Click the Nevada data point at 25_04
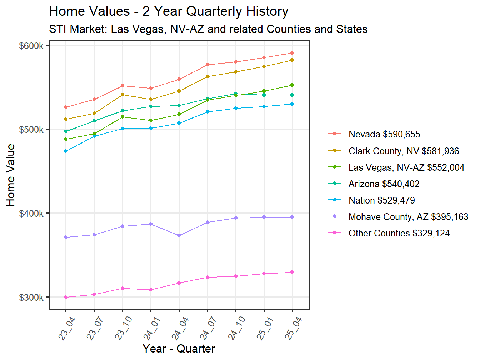[x=292, y=53]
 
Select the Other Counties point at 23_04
[x=66, y=297]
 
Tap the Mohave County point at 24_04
[x=179, y=235]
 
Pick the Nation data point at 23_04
[x=66, y=151]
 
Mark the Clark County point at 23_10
[x=122, y=95]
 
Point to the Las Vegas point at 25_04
[x=292, y=85]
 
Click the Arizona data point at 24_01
[x=151, y=106]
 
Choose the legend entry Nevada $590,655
[x=384, y=134]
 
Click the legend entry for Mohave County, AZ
[x=408, y=217]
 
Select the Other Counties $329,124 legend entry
[x=399, y=233]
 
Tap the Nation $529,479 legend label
[x=381, y=200]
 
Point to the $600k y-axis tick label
[x=31, y=46]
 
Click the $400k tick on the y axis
[x=31, y=214]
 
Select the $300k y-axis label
[x=31, y=297]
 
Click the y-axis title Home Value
[x=11, y=175]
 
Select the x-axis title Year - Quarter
[x=179, y=349]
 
